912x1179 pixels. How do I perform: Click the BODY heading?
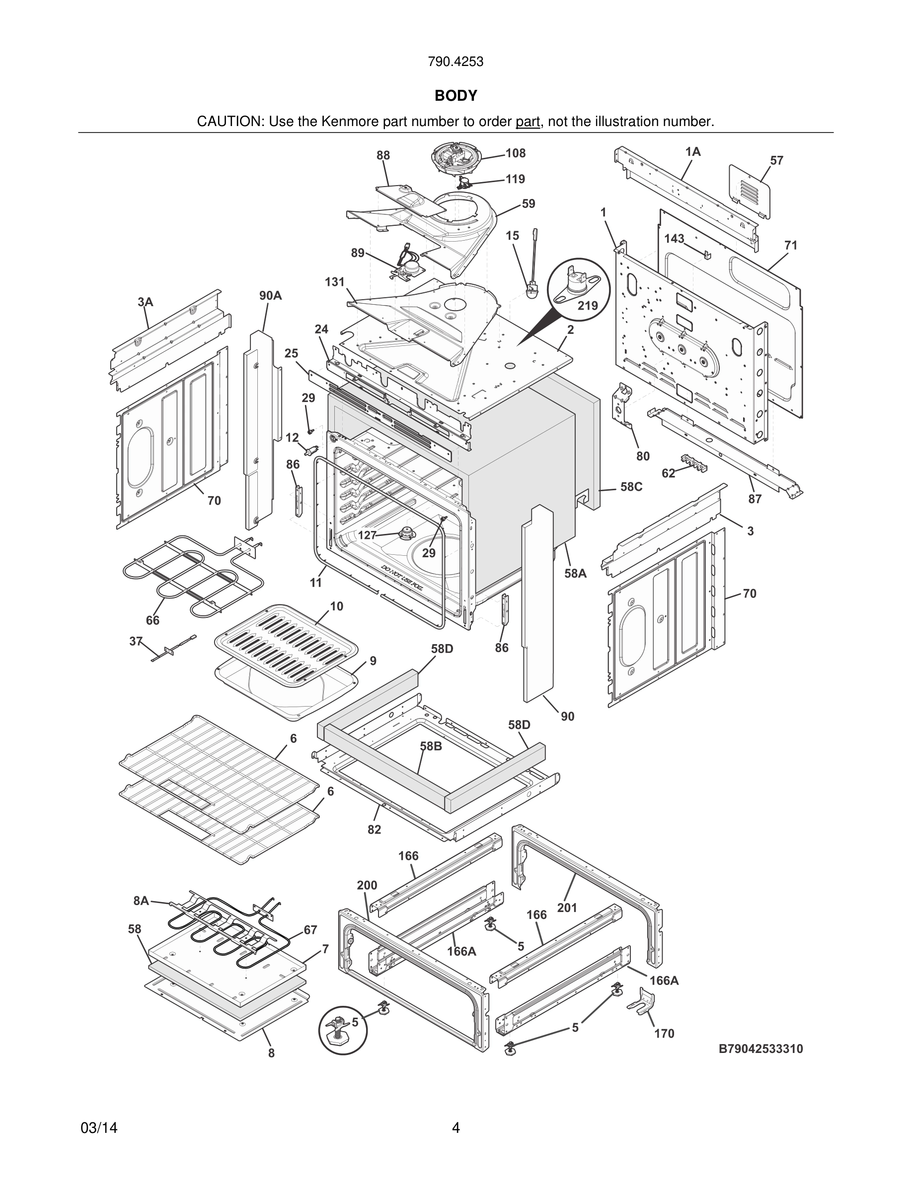(x=456, y=96)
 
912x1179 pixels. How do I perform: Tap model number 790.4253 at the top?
(x=456, y=62)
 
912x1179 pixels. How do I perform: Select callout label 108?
(x=516, y=153)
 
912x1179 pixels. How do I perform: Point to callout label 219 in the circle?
(x=588, y=306)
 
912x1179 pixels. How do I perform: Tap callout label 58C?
(x=631, y=487)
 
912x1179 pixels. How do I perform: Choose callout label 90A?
(x=270, y=295)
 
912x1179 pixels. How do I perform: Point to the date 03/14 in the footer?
(x=99, y=1128)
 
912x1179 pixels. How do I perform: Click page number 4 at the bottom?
(x=456, y=1128)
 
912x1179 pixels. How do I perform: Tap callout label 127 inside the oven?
(x=368, y=535)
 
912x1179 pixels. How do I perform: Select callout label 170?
(x=664, y=1033)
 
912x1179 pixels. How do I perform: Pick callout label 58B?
(x=431, y=746)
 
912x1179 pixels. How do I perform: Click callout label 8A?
(x=141, y=901)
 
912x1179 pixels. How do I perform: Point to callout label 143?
(x=674, y=239)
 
